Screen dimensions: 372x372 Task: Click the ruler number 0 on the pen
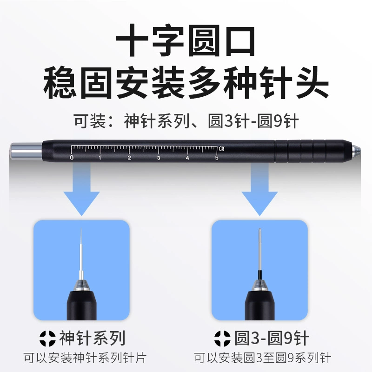point(72,158)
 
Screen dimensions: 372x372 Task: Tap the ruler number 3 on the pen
point(159,158)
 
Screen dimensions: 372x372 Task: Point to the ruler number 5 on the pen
point(217,158)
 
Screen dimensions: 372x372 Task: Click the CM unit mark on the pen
point(221,149)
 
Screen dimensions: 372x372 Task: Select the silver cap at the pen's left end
point(26,151)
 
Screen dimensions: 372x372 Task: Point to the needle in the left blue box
point(81,254)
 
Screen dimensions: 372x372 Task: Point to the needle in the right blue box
point(260,254)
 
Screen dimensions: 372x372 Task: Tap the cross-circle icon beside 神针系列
point(47,339)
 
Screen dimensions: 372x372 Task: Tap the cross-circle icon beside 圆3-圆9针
point(222,339)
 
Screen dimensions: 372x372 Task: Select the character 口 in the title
point(240,41)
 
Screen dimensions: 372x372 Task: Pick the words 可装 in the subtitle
point(90,121)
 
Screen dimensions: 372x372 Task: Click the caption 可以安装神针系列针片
point(85,358)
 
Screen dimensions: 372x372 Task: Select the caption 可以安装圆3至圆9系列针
point(263,358)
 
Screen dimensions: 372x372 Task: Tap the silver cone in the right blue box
point(260,286)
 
